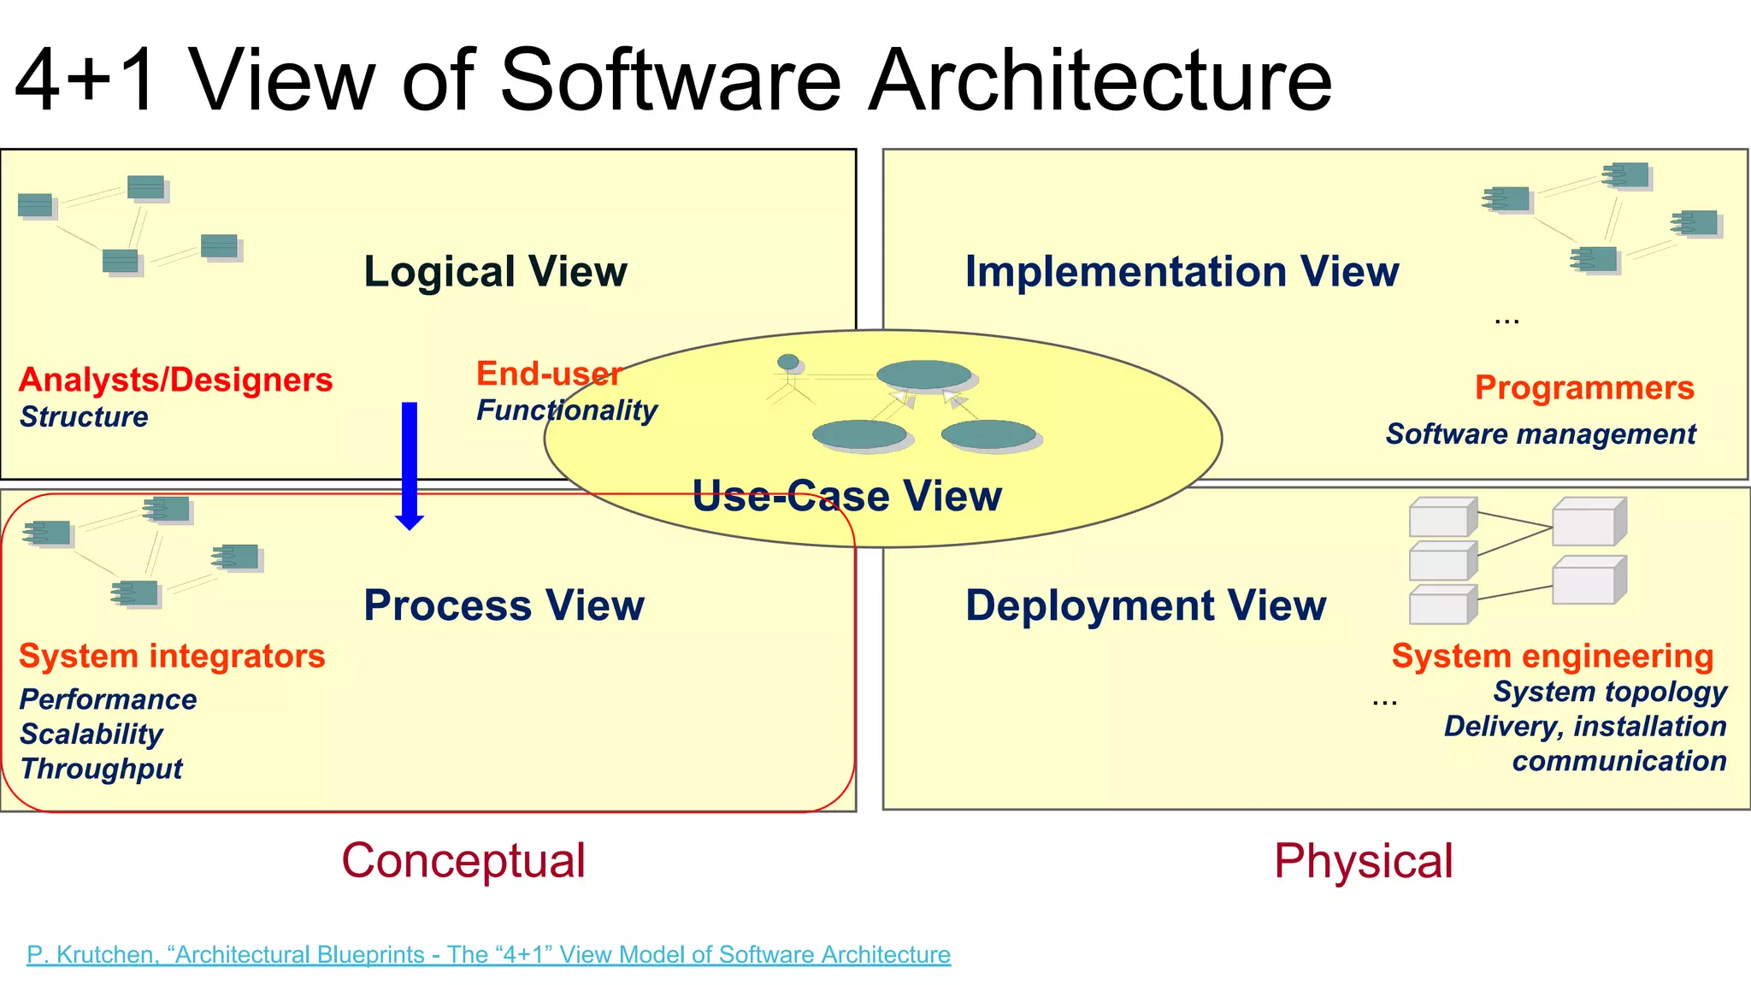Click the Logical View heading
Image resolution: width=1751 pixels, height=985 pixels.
pos(495,272)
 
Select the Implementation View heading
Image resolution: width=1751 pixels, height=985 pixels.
pos(1182,272)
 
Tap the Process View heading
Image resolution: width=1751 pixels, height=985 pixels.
pos(504,605)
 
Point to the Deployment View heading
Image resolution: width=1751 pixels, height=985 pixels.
pos(1146,605)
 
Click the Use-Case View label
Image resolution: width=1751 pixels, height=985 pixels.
pos(846,496)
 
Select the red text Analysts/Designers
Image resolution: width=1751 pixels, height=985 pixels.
pos(175,380)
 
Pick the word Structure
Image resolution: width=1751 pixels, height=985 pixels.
pos(84,417)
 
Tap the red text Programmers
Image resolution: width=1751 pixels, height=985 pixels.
pos(1584,388)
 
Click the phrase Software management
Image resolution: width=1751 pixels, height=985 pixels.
pos(1541,434)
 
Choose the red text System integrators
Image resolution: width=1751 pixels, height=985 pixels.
pos(172,657)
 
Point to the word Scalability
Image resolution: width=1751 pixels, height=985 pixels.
pos(91,734)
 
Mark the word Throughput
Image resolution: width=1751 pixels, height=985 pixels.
pos(101,769)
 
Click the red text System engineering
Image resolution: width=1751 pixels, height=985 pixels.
pos(1553,657)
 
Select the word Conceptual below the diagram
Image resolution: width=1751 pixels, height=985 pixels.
pos(463,860)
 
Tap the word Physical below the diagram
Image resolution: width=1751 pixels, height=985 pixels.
pos(1363,861)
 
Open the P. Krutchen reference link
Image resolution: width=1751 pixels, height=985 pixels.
pos(488,954)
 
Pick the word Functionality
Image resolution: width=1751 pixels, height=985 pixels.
pos(567,410)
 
